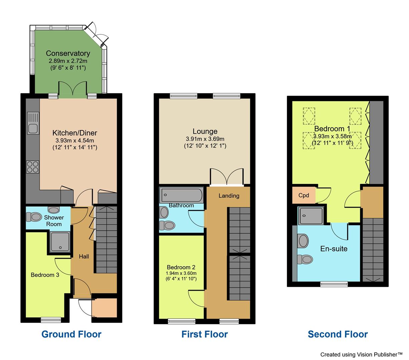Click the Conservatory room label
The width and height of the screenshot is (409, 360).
coord(68,53)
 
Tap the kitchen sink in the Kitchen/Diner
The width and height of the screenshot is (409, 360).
coord(33,123)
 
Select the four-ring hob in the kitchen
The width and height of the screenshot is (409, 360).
coord(33,167)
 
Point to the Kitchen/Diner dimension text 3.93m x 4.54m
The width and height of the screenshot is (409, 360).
coord(75,140)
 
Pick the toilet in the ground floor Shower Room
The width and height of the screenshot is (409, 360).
coord(33,217)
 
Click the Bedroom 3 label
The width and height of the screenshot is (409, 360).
coord(45,275)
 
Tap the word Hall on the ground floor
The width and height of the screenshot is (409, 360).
coord(84,257)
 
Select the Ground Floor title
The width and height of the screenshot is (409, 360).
coord(71,334)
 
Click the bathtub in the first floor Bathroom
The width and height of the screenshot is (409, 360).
coord(181,195)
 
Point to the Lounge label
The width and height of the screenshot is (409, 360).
coord(205,131)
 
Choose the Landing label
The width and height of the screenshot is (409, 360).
coord(229,196)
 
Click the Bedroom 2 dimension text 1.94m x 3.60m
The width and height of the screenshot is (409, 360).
coord(181,273)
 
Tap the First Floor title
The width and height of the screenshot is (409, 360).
coord(204,334)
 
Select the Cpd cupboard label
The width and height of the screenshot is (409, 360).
coord(304,196)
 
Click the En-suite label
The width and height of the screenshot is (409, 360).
coord(334,249)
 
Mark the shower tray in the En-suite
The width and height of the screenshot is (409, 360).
coord(311,216)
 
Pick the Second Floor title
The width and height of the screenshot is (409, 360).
coord(338,334)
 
